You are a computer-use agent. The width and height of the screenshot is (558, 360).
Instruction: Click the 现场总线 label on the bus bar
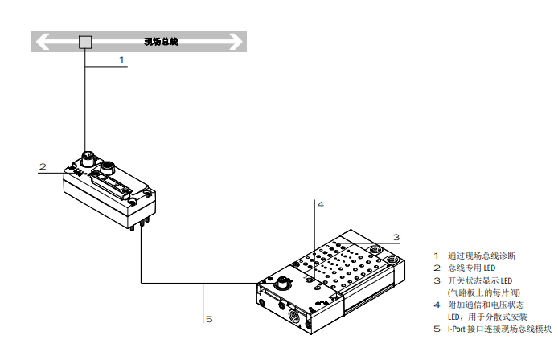coord(160,42)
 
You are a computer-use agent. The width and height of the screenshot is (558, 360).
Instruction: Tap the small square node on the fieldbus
coord(84,42)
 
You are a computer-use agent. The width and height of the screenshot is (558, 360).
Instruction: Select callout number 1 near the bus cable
coord(121,59)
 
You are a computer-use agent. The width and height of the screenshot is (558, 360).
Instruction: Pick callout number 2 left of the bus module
coord(43,167)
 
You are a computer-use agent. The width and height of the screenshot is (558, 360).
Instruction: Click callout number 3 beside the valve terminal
coord(396,237)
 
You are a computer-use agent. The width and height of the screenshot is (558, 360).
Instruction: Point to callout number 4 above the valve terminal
coord(320,205)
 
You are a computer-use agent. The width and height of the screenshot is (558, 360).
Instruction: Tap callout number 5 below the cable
coord(209,319)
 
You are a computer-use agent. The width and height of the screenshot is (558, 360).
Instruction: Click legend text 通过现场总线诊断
coord(481,256)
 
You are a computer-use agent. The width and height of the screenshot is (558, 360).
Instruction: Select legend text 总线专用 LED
coord(471,268)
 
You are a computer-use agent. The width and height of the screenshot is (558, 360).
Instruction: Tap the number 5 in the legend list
coord(437,329)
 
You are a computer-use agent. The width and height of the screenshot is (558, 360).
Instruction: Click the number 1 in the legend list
coord(437,256)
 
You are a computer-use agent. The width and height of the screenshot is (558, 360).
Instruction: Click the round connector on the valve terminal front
coord(283,284)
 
